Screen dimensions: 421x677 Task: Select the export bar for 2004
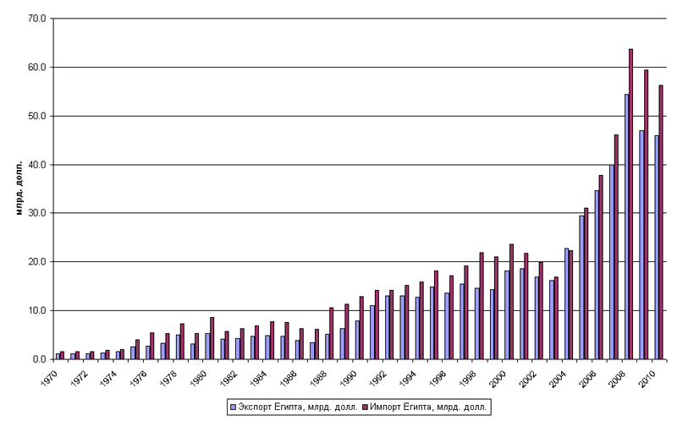point(566,303)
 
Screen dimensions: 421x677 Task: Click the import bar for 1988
point(331,333)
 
